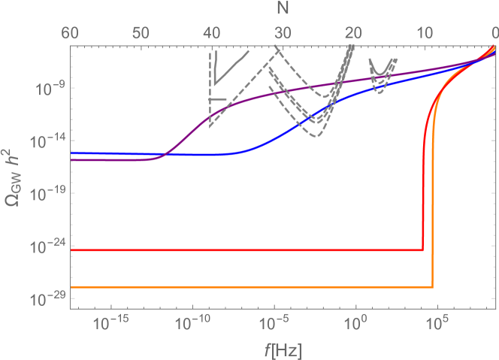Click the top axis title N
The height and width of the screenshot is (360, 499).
click(x=283, y=9)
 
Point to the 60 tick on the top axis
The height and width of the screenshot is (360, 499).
click(x=71, y=32)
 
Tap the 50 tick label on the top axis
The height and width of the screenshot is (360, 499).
click(x=141, y=32)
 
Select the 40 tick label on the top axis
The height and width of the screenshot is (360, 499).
click(x=212, y=32)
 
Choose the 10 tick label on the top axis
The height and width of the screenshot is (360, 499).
click(x=425, y=32)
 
